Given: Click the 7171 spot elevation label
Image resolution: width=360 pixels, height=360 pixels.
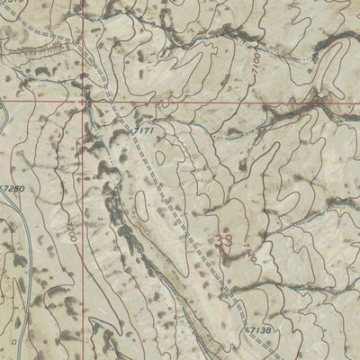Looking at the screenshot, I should [144, 132].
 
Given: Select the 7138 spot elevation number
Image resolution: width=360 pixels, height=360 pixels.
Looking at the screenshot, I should [256, 331].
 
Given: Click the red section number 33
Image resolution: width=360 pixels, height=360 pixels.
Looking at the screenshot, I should [224, 240].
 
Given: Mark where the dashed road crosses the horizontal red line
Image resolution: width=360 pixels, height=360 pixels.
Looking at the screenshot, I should [110, 102].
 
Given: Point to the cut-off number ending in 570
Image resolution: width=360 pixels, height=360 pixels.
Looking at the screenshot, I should [11, 4].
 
